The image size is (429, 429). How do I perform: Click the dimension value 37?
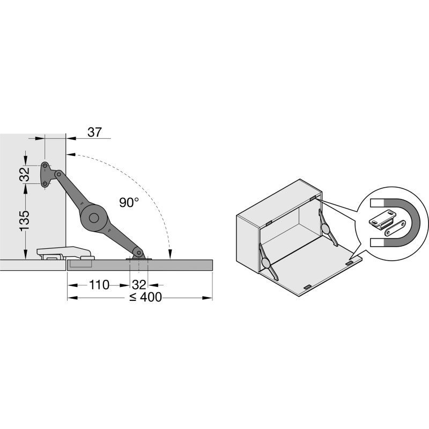point(95,132)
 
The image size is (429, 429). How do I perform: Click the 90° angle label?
point(129,203)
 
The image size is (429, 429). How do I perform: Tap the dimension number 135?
point(24,221)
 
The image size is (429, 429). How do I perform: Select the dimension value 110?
point(99,285)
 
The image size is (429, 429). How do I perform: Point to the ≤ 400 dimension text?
point(145,298)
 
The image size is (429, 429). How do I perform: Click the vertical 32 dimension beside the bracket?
point(25,175)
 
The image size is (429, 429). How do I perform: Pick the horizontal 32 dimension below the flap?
point(139,285)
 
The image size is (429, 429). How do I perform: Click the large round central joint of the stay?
point(94,218)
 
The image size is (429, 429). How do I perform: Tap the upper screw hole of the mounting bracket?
point(45,165)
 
